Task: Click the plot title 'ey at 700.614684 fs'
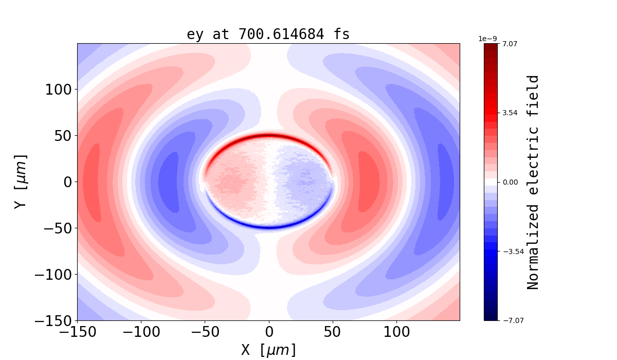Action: pos(268,34)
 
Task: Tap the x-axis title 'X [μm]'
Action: pos(268,350)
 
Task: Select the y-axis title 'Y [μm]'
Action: pos(20,182)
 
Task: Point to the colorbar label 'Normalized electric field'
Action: pos(533,182)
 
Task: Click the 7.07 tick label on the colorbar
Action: pos(510,44)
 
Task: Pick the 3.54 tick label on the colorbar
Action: pos(510,113)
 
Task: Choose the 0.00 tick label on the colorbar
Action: pos(510,182)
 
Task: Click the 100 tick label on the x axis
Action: pos(396,332)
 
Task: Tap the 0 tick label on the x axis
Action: pos(268,332)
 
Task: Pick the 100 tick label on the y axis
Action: pos(61,89)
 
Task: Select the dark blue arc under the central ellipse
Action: pos(268,227)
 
